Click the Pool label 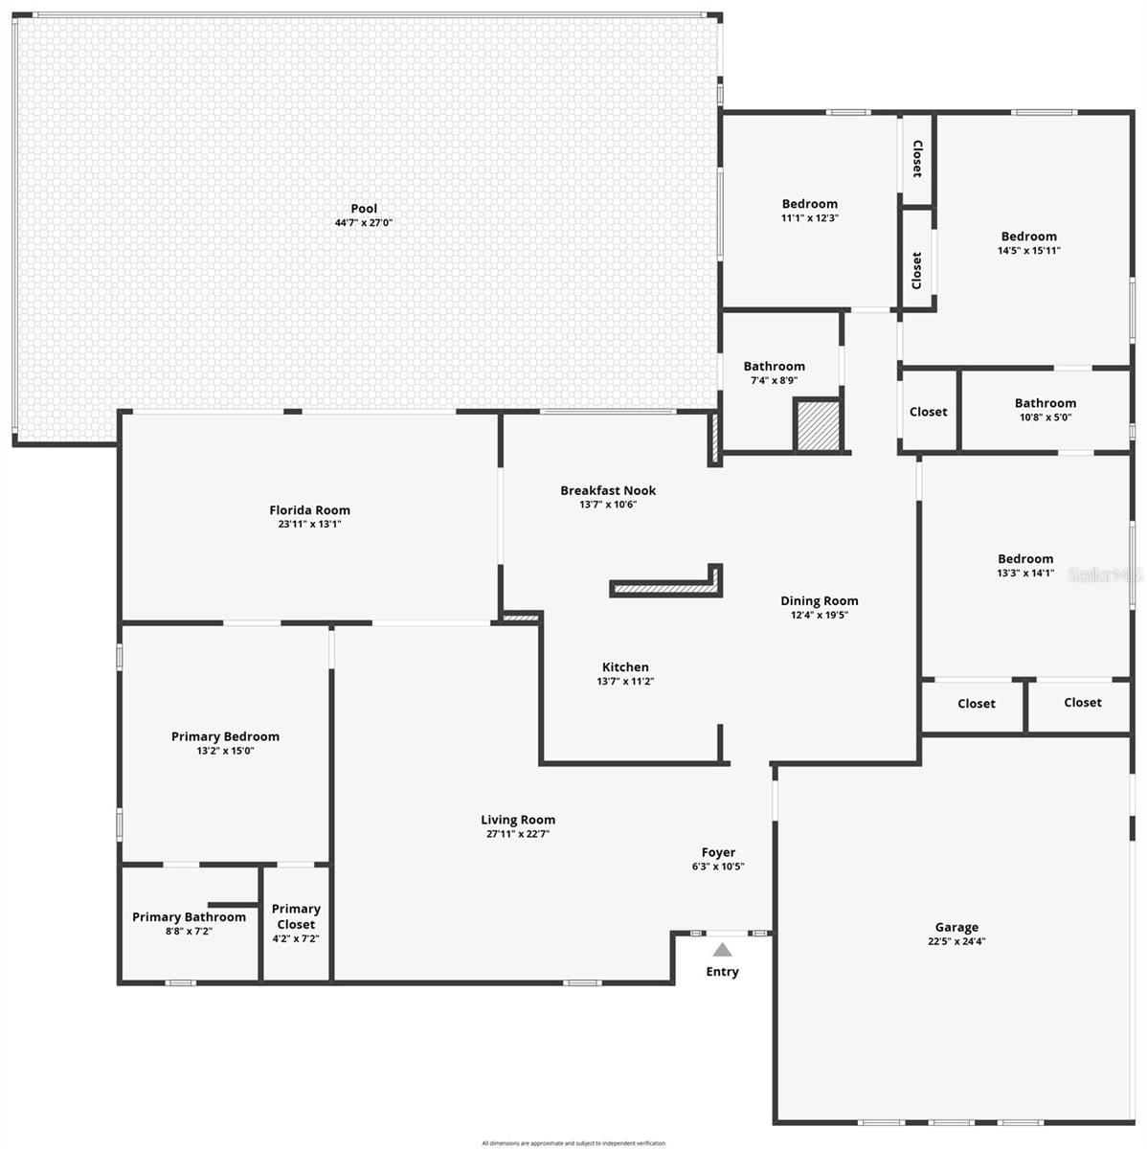[x=364, y=209]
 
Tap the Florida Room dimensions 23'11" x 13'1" [x=309, y=525]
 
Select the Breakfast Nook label [x=608, y=490]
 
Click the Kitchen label [x=625, y=667]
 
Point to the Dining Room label [x=819, y=601]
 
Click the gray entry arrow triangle [x=722, y=950]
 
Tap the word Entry [x=722, y=972]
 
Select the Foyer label [x=718, y=852]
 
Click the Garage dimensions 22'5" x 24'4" [x=956, y=941]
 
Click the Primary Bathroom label [x=189, y=917]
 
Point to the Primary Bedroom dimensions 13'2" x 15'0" [x=225, y=751]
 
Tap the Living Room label [x=518, y=820]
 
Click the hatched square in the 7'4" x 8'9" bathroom [x=818, y=425]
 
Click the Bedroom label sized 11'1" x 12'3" [x=809, y=204]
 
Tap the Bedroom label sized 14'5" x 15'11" [x=1029, y=237]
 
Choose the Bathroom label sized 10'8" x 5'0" [x=1046, y=403]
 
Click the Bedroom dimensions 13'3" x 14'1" [x=1025, y=574]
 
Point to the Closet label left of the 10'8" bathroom [x=928, y=412]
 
